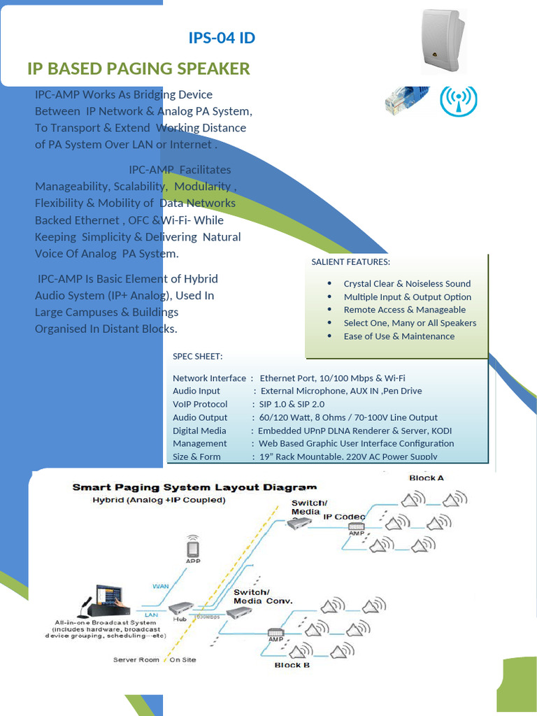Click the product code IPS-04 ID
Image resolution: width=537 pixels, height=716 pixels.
[x=222, y=38]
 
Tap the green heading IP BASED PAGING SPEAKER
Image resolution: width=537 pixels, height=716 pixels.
[x=138, y=69]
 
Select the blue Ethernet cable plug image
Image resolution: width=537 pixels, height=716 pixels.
[x=406, y=99]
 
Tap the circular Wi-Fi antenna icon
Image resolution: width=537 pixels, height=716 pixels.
[x=459, y=100]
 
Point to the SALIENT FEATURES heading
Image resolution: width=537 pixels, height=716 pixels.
[x=350, y=262]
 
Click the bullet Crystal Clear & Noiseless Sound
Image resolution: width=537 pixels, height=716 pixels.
[x=407, y=283]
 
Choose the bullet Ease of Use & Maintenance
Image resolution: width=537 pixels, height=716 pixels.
[x=399, y=336]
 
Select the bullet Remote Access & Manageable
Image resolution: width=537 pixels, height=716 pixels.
[x=404, y=310]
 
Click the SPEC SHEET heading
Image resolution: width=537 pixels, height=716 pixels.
[x=198, y=357]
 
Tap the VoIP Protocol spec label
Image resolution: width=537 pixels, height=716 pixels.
[x=200, y=404]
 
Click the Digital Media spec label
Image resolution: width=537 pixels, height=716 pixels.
[x=199, y=431]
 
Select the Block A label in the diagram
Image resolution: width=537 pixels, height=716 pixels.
[x=427, y=478]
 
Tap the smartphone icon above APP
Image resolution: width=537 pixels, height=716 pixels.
[x=192, y=546]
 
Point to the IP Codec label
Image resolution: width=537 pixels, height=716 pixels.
[x=344, y=516]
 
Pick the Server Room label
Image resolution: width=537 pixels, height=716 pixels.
[x=136, y=660]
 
